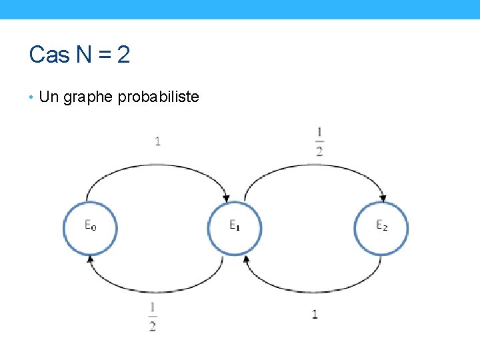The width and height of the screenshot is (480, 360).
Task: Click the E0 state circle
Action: pyautogui.click(x=90, y=228)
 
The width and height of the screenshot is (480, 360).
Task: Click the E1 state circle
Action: pyautogui.click(x=235, y=228)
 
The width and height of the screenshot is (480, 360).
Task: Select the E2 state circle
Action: pyautogui.click(x=381, y=228)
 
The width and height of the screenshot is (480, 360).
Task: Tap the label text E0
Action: pyautogui.click(x=90, y=225)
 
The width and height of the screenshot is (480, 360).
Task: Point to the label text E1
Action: pyautogui.click(x=235, y=225)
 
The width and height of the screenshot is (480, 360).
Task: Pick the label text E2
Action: pyautogui.click(x=381, y=225)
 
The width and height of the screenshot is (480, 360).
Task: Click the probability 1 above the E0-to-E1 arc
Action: pyautogui.click(x=157, y=141)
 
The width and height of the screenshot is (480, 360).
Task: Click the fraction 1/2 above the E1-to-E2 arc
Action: pyautogui.click(x=319, y=141)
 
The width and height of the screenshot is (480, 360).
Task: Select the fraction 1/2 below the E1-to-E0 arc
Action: pyautogui.click(x=153, y=317)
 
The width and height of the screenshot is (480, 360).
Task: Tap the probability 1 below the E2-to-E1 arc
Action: pyautogui.click(x=315, y=314)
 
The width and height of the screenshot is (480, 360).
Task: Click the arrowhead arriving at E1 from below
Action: pyautogui.click(x=245, y=259)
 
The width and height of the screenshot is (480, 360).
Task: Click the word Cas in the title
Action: pyautogui.click(x=45, y=55)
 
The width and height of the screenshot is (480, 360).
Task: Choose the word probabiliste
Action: pyautogui.click(x=158, y=97)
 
